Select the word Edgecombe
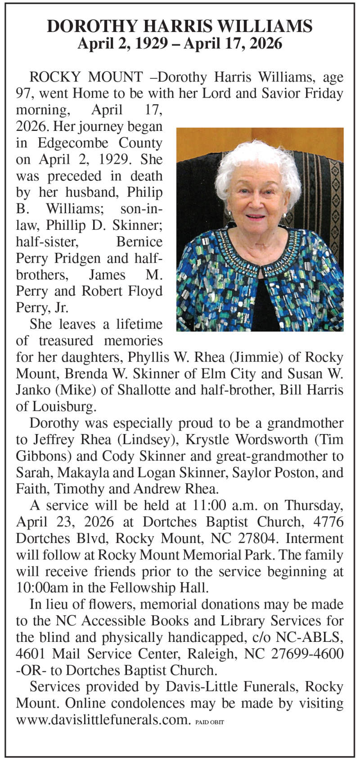pyautogui.click(x=73, y=143)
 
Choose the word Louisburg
pyautogui.click(x=62, y=406)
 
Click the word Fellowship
pyautogui.click(x=142, y=588)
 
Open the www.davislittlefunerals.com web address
pyautogui.click(x=101, y=720)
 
